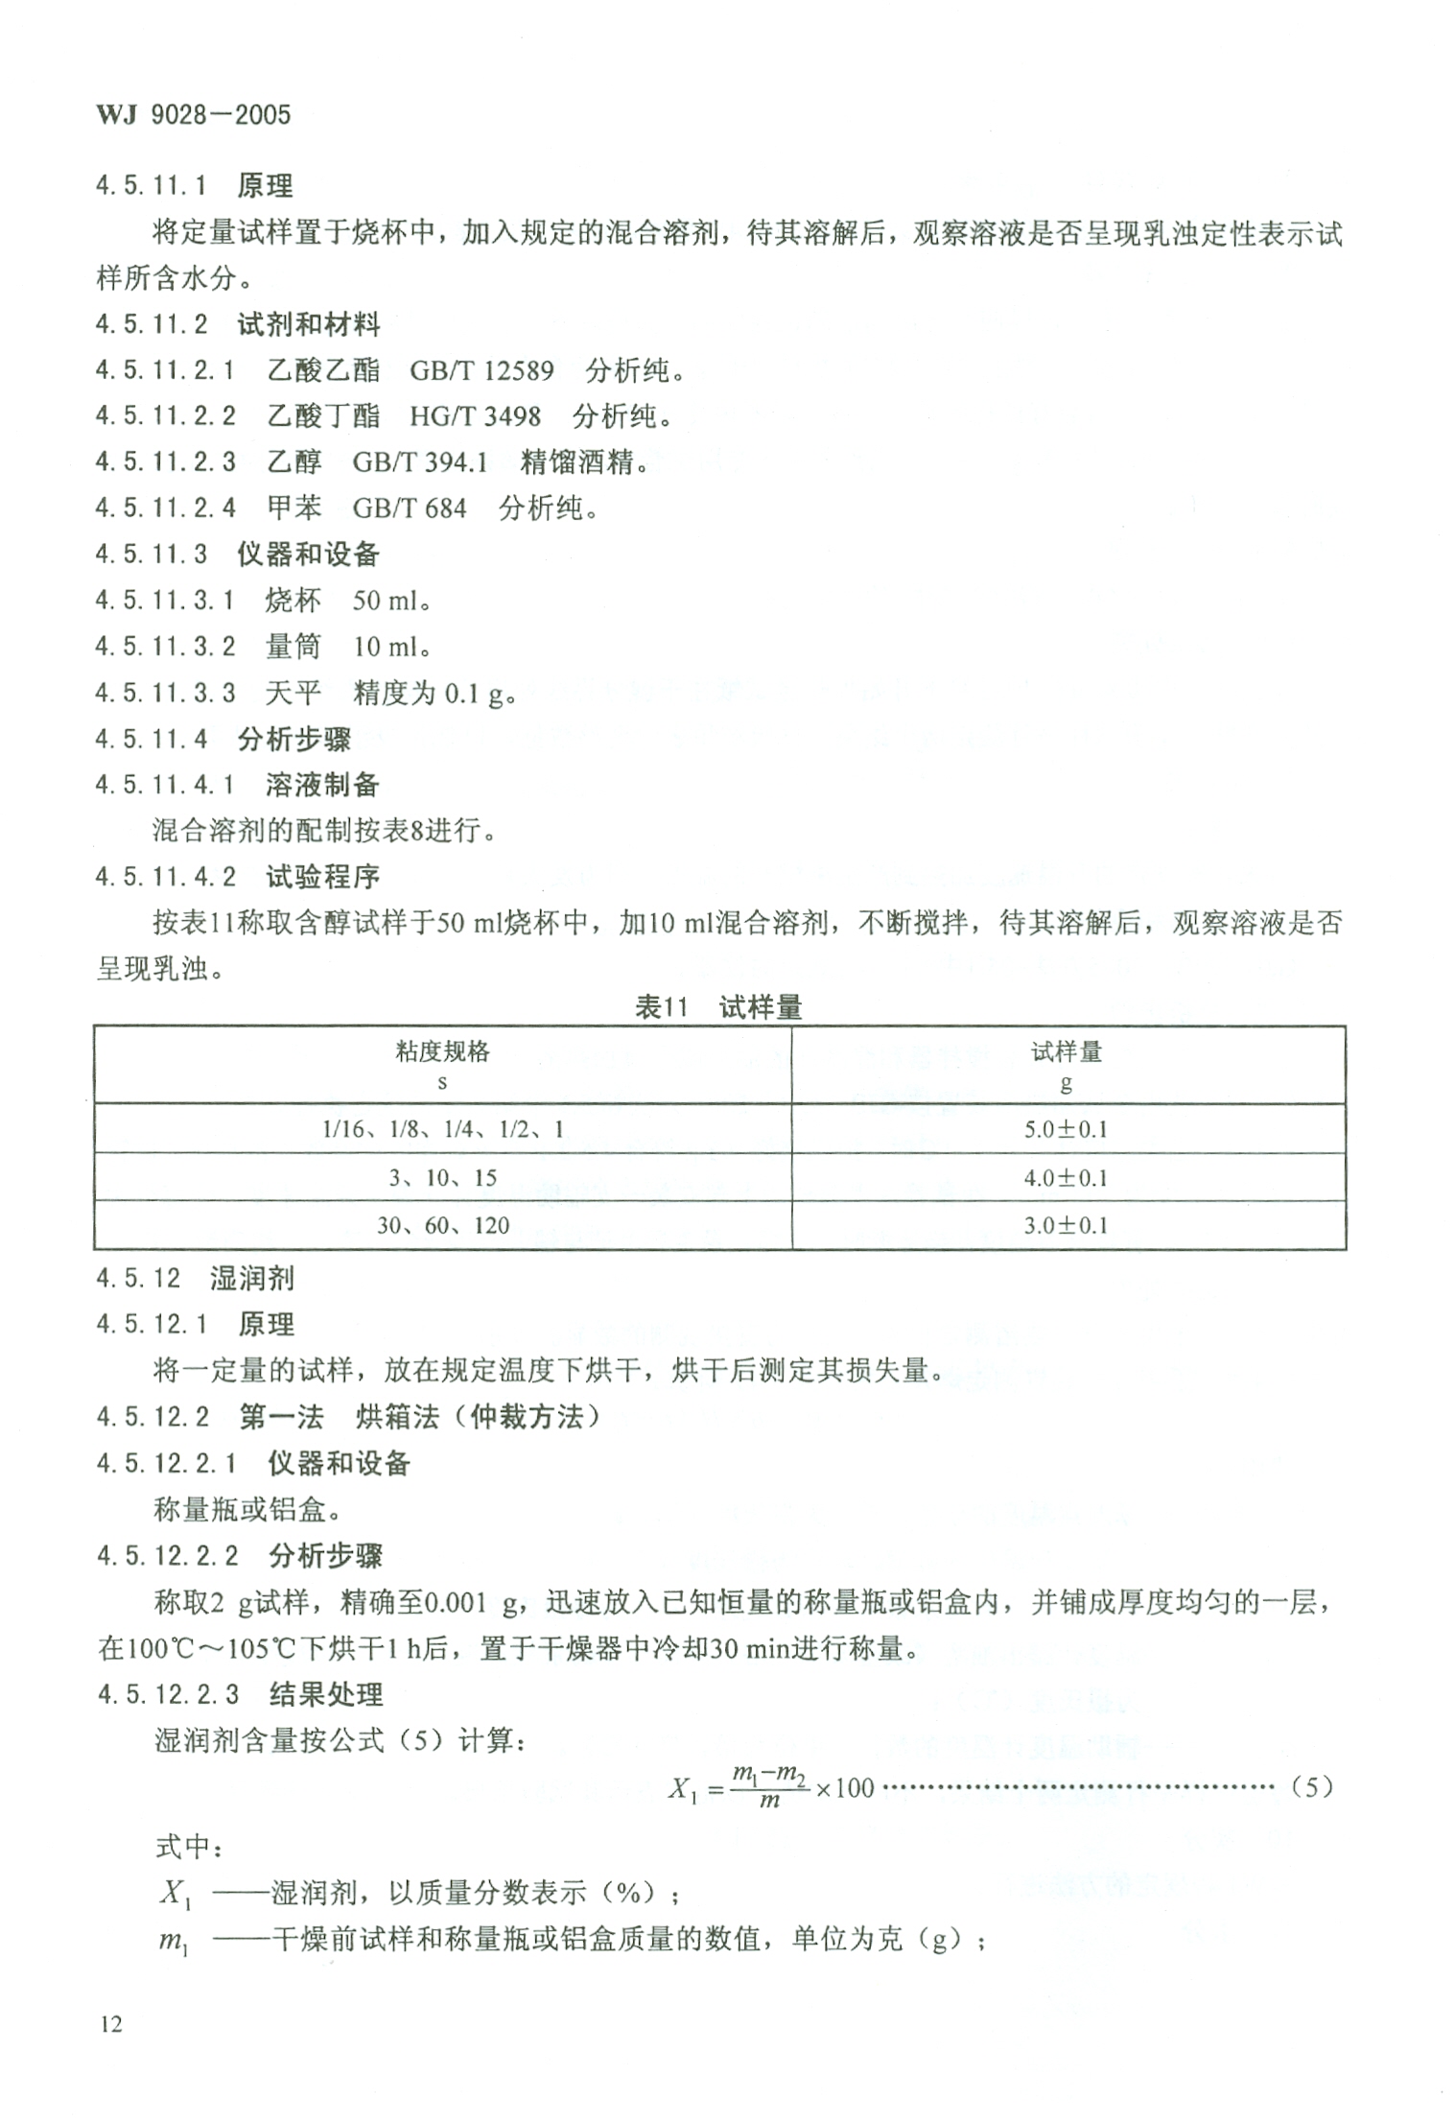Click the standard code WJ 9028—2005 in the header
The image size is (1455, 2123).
click(x=193, y=115)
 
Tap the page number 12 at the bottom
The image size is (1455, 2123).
click(x=110, y=2024)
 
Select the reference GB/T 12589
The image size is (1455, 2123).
click(x=481, y=370)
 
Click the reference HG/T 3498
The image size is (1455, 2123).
click(x=475, y=416)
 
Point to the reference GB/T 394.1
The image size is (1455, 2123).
click(x=420, y=462)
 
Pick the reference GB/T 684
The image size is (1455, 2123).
click(x=410, y=508)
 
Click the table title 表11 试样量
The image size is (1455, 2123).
click(x=718, y=1007)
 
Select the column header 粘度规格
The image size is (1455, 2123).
click(x=442, y=1052)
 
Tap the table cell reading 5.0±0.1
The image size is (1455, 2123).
click(x=1066, y=1129)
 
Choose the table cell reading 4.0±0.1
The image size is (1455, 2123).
click(x=1066, y=1178)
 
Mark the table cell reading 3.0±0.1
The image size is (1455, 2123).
click(x=1066, y=1226)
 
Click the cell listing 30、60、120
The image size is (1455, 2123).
click(x=442, y=1226)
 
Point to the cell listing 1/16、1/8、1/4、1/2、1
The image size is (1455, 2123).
click(x=442, y=1129)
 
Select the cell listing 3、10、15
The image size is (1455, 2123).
click(x=442, y=1178)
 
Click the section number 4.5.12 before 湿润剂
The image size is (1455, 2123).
click(x=138, y=1279)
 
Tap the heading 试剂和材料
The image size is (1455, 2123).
click(x=309, y=324)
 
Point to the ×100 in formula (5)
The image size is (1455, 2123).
click(x=845, y=1788)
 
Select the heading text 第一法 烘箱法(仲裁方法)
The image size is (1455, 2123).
click(x=420, y=1417)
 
